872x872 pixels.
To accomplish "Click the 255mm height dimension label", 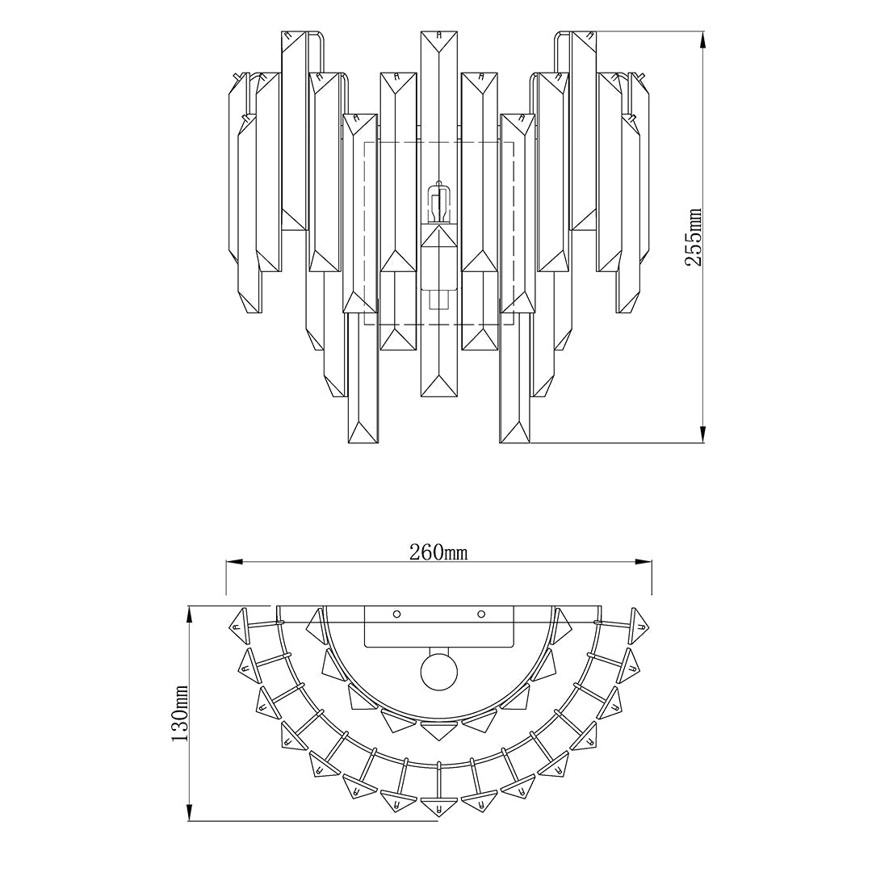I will pyautogui.click(x=695, y=237).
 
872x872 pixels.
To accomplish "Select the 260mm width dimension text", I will pyautogui.click(x=438, y=552).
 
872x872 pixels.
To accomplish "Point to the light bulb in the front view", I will pyautogui.click(x=438, y=205).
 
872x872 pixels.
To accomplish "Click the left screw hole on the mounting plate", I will pyautogui.click(x=396, y=614).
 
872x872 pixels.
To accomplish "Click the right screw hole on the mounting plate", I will pyautogui.click(x=481, y=614).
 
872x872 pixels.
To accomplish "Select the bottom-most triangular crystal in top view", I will pyautogui.click(x=438, y=806).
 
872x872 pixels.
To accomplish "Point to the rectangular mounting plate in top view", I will pyautogui.click(x=438, y=627).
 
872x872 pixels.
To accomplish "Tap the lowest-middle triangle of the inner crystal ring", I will pyautogui.click(x=438, y=731).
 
